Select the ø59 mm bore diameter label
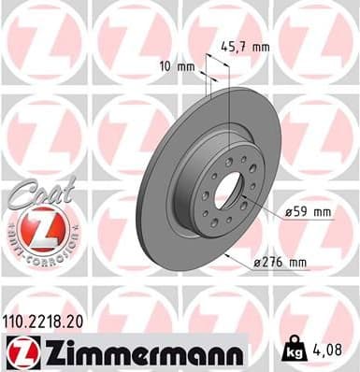tap(310, 211)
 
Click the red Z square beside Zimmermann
tap(20, 352)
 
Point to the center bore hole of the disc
tap(228, 191)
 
